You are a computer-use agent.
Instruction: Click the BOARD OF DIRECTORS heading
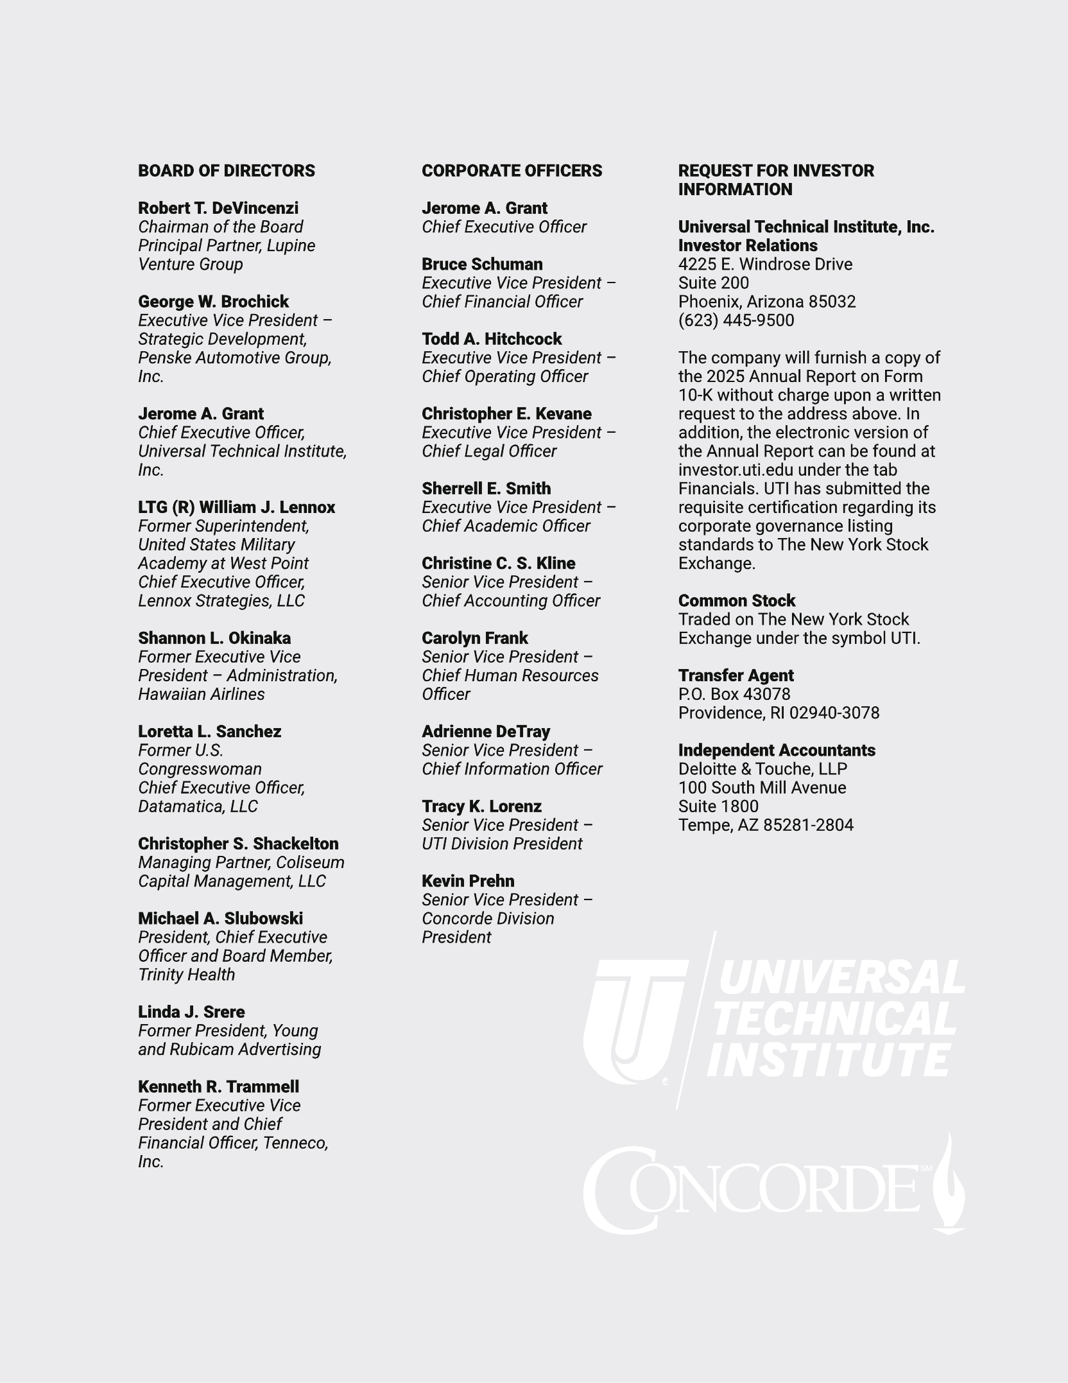coord(227,171)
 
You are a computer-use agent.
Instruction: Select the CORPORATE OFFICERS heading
coord(512,171)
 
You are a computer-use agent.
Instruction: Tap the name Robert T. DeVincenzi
coord(218,208)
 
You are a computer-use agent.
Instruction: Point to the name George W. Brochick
coord(213,302)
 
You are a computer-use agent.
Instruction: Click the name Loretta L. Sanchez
coord(209,731)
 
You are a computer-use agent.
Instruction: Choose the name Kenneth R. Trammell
coord(218,1086)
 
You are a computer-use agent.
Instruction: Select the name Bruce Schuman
coord(482,264)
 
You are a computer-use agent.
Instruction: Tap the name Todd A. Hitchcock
coord(492,339)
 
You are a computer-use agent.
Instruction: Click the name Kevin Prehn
coord(468,881)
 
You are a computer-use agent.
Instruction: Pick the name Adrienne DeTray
coord(486,731)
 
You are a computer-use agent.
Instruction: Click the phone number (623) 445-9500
coord(736,320)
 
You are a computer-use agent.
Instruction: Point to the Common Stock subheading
coord(737,601)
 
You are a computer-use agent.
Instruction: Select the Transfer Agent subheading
coord(736,675)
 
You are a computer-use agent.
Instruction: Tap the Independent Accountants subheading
coord(777,750)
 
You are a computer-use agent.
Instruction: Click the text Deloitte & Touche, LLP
coord(762,769)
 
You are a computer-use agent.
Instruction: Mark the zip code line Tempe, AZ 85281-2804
coord(766,825)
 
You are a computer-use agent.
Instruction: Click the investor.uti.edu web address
coord(736,470)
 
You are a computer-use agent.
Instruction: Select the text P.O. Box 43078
coord(734,694)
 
